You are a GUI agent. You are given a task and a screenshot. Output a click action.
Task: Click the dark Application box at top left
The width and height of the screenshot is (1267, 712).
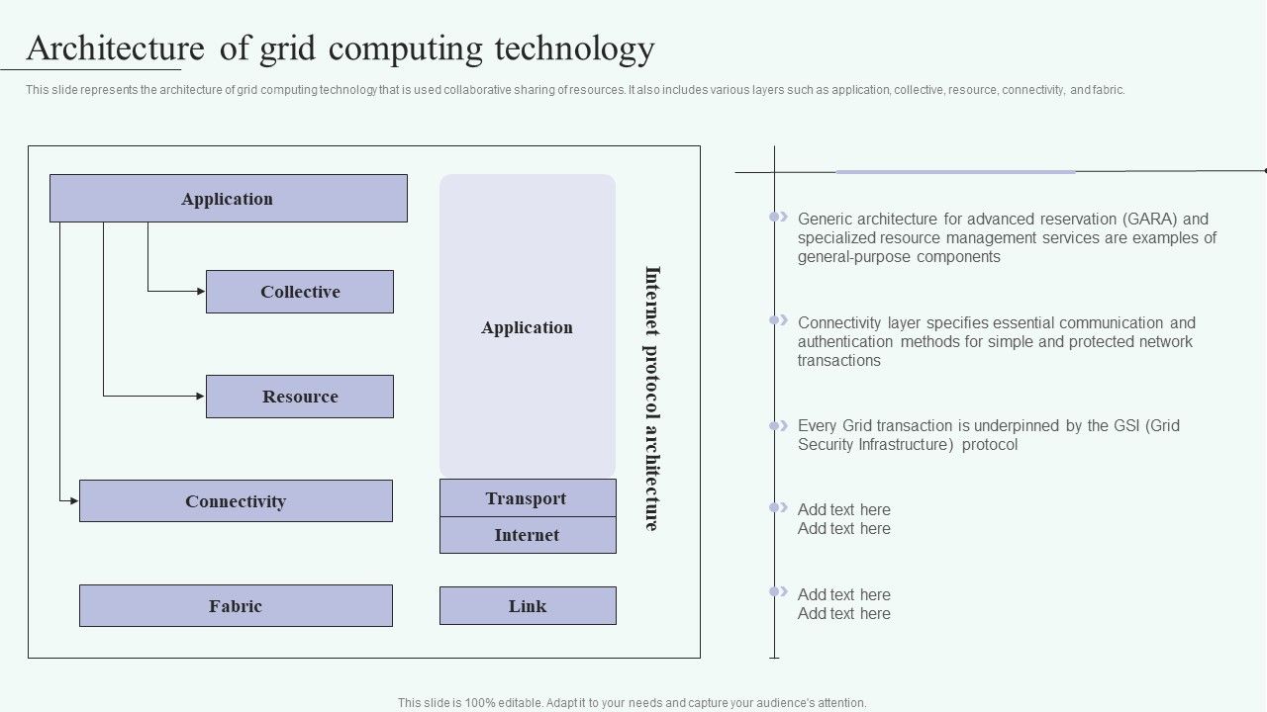click(228, 199)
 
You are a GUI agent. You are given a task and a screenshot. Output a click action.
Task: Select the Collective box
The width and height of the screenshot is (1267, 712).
click(300, 292)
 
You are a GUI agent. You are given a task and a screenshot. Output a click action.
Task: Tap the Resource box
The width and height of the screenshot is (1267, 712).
click(300, 397)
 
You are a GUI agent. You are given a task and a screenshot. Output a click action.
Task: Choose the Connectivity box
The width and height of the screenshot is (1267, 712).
click(236, 501)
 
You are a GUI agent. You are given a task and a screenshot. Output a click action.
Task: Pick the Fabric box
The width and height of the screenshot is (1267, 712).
click(236, 606)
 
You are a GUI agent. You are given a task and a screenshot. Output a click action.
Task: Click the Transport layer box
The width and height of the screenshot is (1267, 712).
click(527, 498)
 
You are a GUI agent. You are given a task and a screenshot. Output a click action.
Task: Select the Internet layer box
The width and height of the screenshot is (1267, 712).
click(527, 535)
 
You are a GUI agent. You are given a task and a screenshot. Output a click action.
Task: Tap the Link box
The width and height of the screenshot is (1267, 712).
click(527, 606)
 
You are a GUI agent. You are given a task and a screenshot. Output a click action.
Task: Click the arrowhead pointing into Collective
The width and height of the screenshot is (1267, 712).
click(201, 292)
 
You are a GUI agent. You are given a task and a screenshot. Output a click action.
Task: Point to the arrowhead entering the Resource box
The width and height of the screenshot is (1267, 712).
click(201, 397)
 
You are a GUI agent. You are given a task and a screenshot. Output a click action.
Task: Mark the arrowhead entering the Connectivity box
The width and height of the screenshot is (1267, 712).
click(74, 501)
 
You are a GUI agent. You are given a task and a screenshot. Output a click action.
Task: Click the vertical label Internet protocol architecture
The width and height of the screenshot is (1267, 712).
click(651, 398)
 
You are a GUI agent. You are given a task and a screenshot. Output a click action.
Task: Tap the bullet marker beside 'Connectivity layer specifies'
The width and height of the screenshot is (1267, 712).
click(779, 320)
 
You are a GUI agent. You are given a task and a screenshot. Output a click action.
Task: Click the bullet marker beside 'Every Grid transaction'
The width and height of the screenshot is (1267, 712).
click(779, 426)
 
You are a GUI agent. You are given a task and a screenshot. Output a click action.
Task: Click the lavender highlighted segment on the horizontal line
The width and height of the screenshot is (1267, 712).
click(955, 172)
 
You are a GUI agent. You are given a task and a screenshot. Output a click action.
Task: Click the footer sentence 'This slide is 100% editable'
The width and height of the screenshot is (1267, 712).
click(632, 703)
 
